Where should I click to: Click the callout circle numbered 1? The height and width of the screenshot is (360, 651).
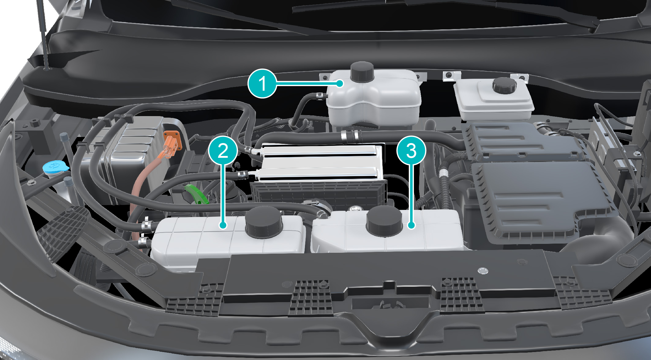[x=262, y=84]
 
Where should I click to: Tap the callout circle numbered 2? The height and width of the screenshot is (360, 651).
[x=223, y=150]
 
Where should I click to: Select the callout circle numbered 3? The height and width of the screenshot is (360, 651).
[x=411, y=150]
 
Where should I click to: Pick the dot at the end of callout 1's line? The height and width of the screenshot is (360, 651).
[x=340, y=83]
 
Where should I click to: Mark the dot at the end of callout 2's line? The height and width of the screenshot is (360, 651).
[x=223, y=225]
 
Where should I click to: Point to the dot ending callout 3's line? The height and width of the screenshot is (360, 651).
[x=412, y=225]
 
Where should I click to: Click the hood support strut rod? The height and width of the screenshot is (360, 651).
[x=43, y=34]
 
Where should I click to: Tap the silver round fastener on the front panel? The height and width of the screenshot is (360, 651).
[x=483, y=271]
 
